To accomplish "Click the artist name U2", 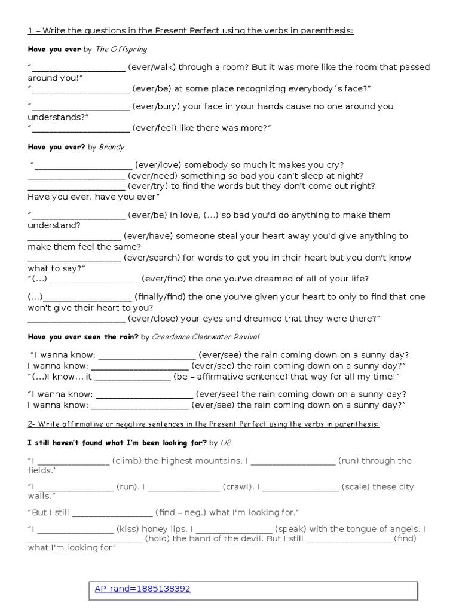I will click(225, 443).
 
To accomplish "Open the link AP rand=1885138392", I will click(142, 589).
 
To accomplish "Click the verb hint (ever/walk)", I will click(151, 68).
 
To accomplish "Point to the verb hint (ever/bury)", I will click(154, 106).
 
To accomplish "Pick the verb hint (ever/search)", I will click(152, 258).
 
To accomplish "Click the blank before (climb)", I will click(74, 461).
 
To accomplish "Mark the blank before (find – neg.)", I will click(112, 513).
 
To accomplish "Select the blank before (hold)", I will click(85, 539).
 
